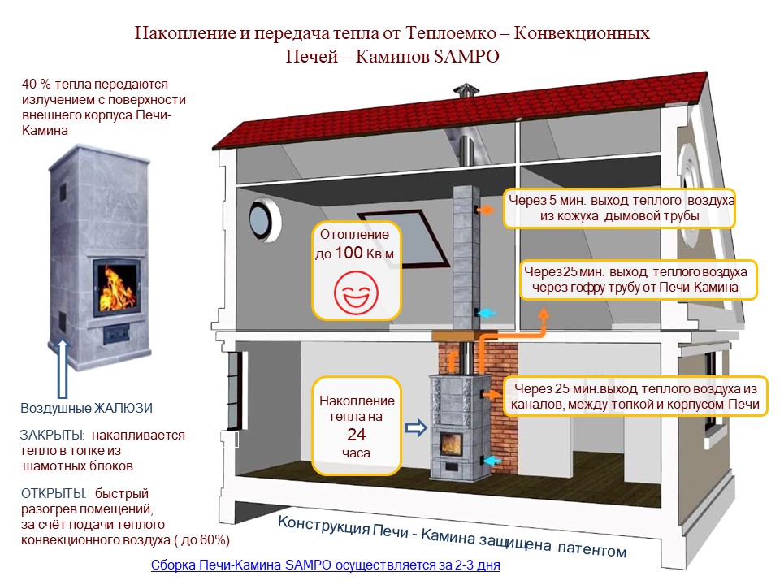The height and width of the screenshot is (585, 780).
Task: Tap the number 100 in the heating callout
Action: [x=349, y=253]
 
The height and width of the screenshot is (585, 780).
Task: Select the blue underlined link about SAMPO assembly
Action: [x=326, y=564]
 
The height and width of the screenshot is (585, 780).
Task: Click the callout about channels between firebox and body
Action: [x=635, y=396]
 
